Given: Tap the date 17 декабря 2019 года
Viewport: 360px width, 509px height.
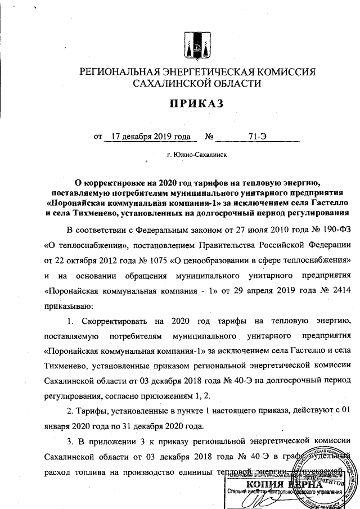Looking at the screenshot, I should [x=148, y=136].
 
